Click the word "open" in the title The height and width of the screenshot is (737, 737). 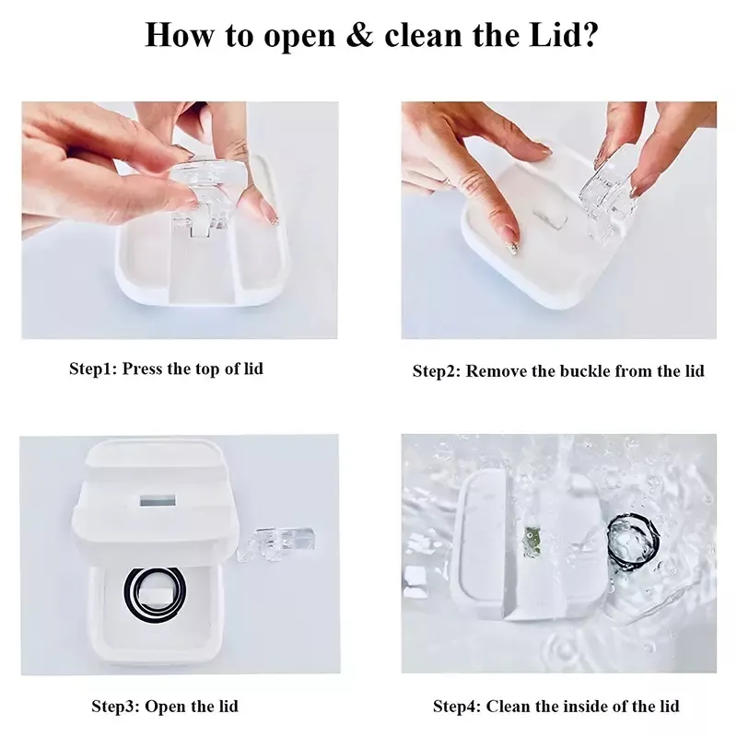pyautogui.click(x=299, y=36)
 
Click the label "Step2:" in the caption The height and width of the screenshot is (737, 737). pyautogui.click(x=436, y=371)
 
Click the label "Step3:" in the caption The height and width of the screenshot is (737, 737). pyautogui.click(x=115, y=706)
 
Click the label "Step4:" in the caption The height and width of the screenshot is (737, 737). pyautogui.click(x=457, y=706)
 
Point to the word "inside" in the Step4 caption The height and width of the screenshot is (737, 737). pyautogui.click(x=583, y=706)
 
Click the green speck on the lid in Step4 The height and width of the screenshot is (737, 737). pyautogui.click(x=532, y=541)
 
